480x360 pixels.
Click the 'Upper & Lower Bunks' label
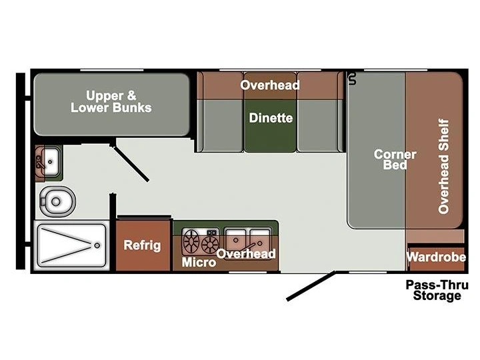111,101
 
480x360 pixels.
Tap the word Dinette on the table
271,118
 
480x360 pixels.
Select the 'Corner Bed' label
395,159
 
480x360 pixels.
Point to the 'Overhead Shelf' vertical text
443,166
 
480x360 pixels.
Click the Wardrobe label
436,257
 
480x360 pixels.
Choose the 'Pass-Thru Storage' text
437,290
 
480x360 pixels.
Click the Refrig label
142,245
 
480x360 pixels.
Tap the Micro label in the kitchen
199,262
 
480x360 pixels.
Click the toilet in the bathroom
57,201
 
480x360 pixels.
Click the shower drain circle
97,245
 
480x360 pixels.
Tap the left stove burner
191,241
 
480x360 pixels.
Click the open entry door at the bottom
311,285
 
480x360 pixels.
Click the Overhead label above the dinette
270,85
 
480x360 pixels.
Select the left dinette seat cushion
220,125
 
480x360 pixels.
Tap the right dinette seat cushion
320,125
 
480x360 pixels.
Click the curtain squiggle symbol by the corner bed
353,79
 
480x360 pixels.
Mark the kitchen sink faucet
251,246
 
